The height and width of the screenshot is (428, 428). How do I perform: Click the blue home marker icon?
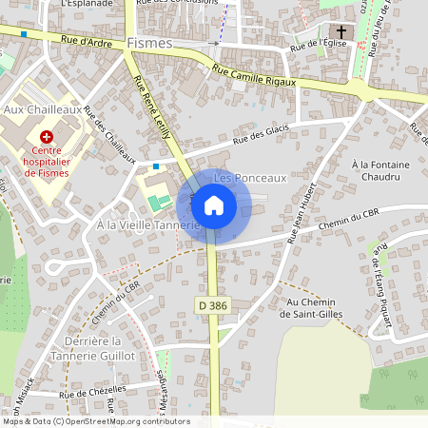tap(213, 204)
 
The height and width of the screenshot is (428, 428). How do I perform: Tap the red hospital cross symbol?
tap(46, 137)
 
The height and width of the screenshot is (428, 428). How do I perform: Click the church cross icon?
tap(341, 31)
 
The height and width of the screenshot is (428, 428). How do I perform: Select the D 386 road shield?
tap(213, 304)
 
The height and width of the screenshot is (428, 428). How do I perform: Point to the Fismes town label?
tap(148, 43)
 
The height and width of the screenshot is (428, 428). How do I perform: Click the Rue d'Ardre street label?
tap(87, 41)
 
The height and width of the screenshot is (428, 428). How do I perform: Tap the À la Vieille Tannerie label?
tap(148, 225)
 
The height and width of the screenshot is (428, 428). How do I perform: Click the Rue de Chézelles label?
tap(92, 393)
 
